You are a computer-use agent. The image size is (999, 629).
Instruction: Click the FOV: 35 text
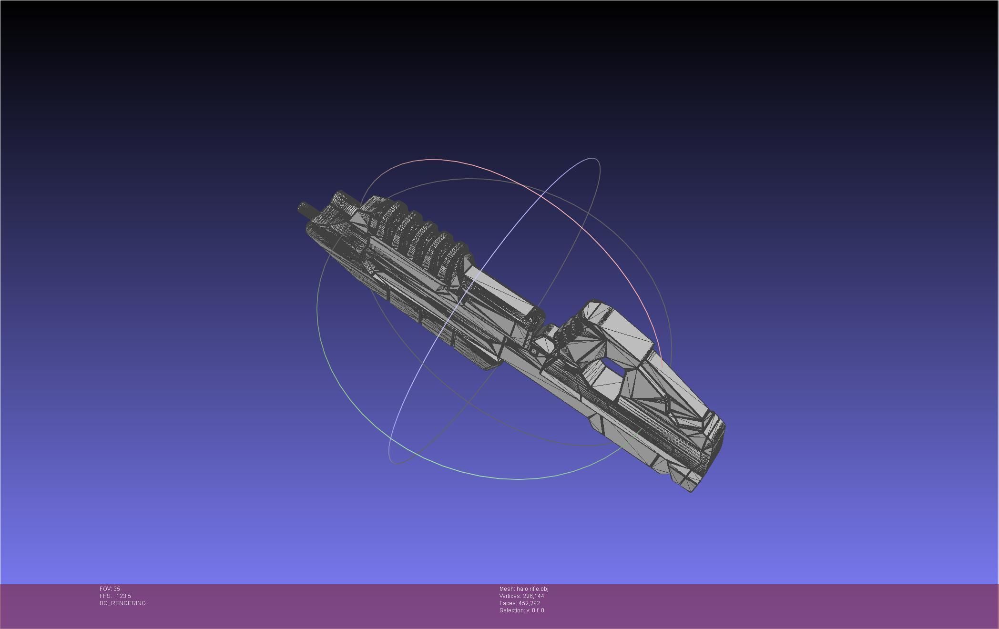tap(110, 589)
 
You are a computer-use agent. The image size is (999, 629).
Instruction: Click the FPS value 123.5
tap(123, 596)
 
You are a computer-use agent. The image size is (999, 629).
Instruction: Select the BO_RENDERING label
tap(122, 603)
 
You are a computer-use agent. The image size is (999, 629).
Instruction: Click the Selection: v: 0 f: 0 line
tap(521, 610)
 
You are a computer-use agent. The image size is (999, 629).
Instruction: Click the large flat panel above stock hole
tap(624, 329)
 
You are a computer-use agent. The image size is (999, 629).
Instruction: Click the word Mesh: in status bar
tap(507, 589)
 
